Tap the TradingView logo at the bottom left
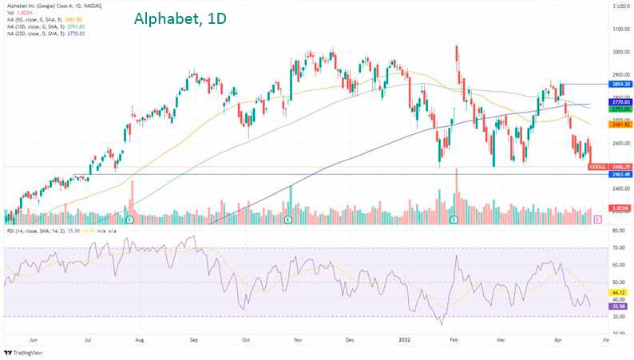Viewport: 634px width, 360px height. (x=24, y=352)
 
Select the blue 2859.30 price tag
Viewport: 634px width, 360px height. (x=600, y=84)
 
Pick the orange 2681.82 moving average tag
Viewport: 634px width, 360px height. (x=600, y=125)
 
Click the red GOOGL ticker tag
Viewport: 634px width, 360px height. (x=597, y=167)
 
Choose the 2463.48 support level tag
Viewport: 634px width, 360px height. (x=600, y=174)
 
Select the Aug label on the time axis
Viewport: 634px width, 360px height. (x=140, y=340)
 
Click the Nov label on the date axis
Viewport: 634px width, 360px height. (x=298, y=340)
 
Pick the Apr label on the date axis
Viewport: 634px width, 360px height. (x=557, y=340)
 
